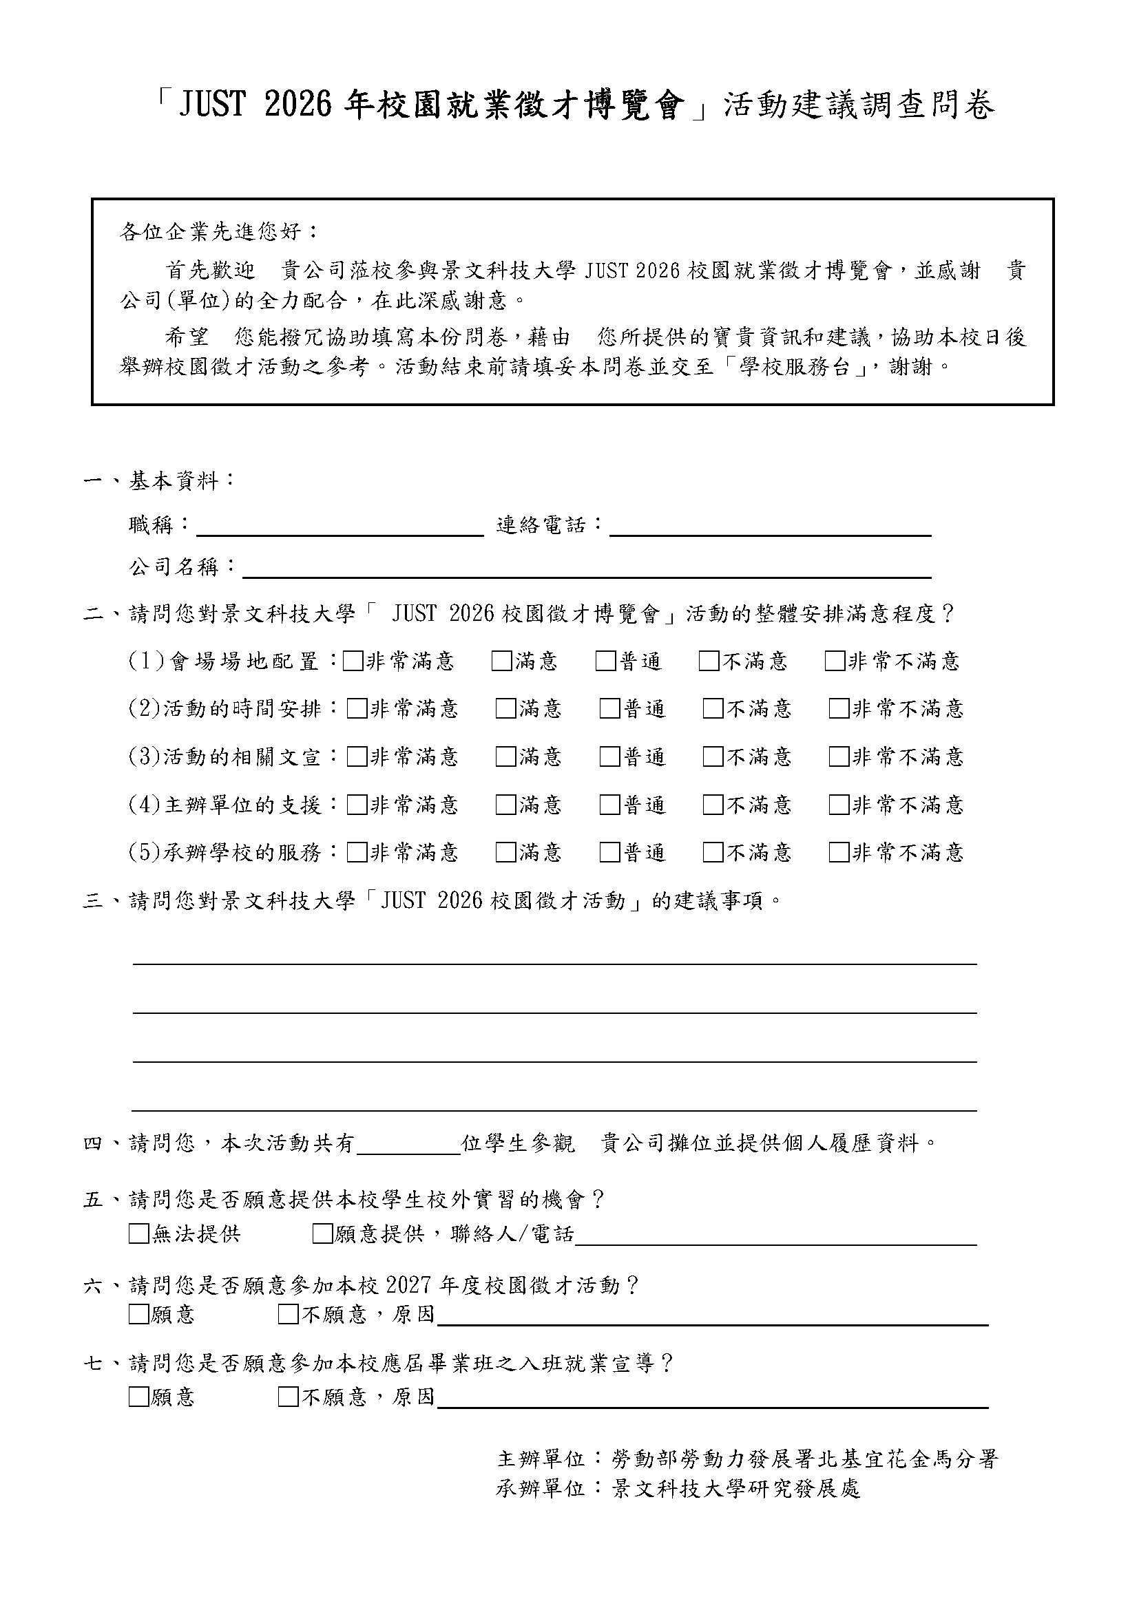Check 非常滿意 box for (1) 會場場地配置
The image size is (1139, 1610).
point(353,661)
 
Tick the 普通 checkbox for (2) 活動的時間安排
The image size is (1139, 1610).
point(609,709)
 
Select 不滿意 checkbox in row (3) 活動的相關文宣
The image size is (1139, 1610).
point(713,756)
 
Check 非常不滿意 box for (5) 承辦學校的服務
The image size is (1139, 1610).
point(839,852)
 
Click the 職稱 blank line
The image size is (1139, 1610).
point(339,526)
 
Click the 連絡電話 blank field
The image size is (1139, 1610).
point(769,526)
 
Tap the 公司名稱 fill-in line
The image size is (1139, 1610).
point(586,568)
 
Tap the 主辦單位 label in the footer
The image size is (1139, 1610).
point(540,1459)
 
